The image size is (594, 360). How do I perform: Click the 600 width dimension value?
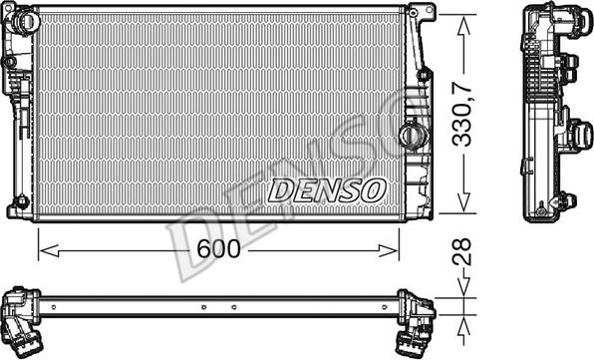click(218, 249)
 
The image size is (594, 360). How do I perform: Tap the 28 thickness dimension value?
click(462, 251)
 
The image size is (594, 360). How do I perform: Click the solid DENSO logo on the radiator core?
click(327, 190)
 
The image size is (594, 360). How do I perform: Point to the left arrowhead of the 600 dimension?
click(49, 250)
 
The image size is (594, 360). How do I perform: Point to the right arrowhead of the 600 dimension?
click(389, 250)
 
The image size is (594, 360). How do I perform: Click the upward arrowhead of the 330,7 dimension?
click(463, 26)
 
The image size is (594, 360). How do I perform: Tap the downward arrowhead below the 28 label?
click(463, 287)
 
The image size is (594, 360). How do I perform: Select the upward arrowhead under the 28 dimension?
click(463, 325)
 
